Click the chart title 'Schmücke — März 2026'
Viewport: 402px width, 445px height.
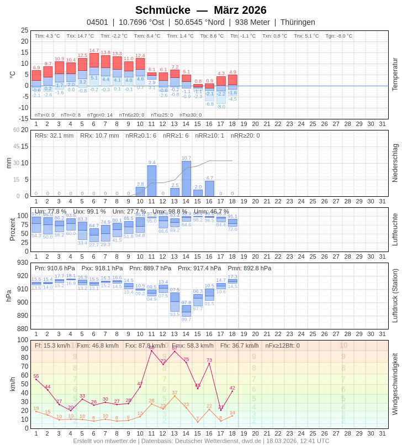[200, 10]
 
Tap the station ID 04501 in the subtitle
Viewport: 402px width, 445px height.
[97, 22]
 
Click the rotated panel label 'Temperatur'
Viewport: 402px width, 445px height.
[395, 75]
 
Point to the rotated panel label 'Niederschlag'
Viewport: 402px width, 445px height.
[395, 163]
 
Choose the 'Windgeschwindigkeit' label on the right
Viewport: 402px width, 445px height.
[395, 384]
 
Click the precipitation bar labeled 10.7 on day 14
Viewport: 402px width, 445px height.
[186, 179]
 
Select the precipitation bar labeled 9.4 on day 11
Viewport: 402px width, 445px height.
[152, 181]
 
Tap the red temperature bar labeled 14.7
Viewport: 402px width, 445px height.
[94, 60]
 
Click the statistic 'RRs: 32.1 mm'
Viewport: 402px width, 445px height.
[54, 135]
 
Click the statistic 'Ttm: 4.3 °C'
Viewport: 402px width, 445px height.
[47, 36]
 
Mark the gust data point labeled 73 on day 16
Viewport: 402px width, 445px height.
[209, 363]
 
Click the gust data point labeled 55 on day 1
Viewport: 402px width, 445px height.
[36, 379]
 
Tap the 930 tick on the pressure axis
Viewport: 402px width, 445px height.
[22, 263]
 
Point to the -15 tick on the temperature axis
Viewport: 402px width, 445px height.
[22, 119]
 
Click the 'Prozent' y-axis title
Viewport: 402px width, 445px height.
[12, 229]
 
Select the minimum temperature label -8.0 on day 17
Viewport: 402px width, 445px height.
[221, 107]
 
